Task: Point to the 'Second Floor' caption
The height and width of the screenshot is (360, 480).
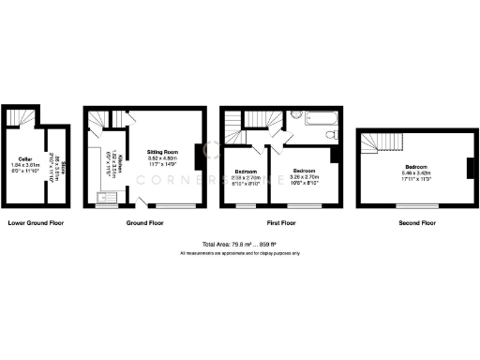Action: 416,223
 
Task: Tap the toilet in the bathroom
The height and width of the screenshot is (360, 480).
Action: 331,135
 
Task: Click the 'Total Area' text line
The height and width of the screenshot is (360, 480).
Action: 239,245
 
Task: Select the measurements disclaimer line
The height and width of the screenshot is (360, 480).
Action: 239,253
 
